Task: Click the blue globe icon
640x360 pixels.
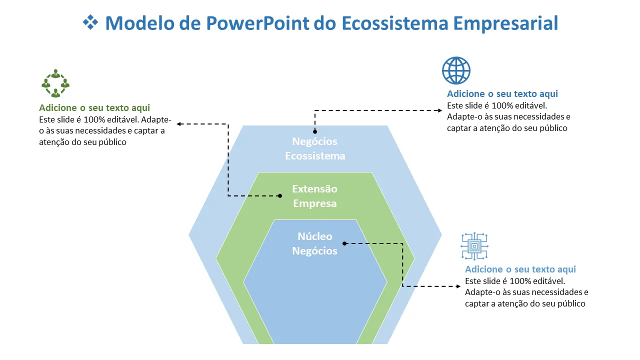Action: click(x=456, y=70)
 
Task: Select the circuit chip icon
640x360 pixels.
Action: click(x=474, y=246)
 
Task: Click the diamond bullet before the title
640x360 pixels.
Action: click(x=90, y=22)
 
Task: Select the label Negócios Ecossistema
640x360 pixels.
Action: click(x=315, y=148)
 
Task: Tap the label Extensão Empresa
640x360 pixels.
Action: click(x=315, y=196)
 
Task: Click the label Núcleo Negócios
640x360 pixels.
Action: click(x=315, y=243)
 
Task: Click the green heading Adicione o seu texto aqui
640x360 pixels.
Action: click(x=94, y=108)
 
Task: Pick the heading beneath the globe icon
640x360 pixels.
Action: click(x=502, y=94)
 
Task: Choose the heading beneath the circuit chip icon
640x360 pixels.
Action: click(x=520, y=269)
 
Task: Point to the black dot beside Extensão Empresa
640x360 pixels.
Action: click(x=280, y=196)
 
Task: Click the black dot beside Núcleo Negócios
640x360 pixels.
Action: click(x=344, y=243)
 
